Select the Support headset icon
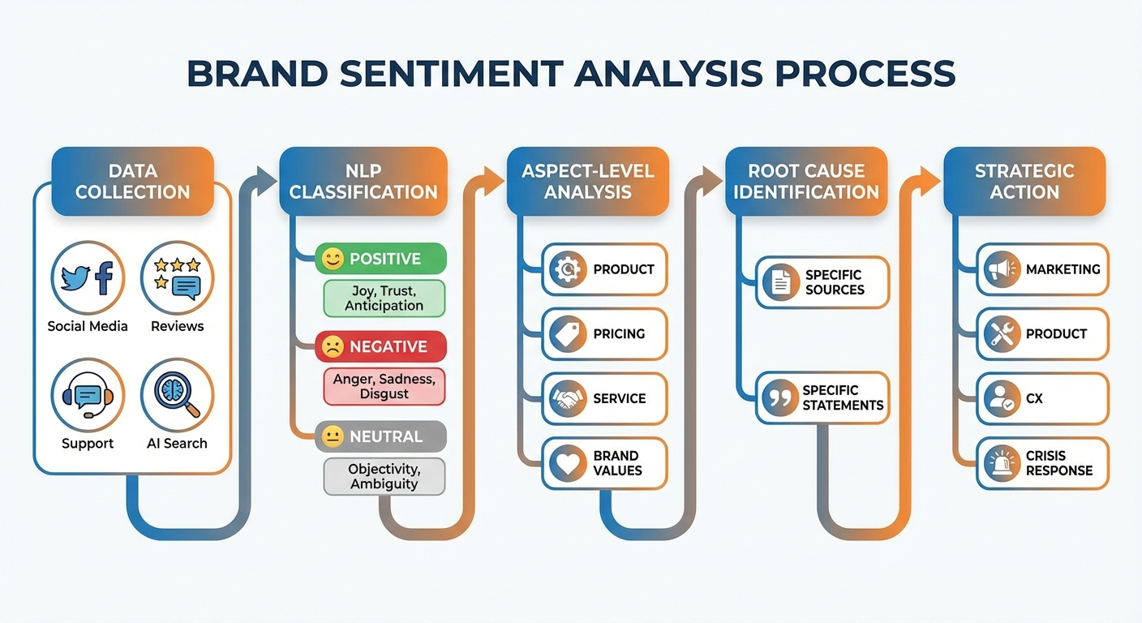pyautogui.click(x=88, y=395)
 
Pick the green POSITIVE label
pyautogui.click(x=380, y=259)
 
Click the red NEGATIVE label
pyautogui.click(x=380, y=346)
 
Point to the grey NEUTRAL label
pyautogui.click(x=380, y=436)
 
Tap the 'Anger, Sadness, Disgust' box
pyautogui.click(x=384, y=386)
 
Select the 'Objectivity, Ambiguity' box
pyautogui.click(x=384, y=475)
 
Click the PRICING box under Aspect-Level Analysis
pyautogui.click(x=604, y=333)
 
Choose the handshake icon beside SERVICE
pyautogui.click(x=567, y=398)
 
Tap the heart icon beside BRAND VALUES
pyautogui.click(x=567, y=463)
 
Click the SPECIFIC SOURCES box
pyautogui.click(x=822, y=282)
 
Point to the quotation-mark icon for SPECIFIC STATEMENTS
pyautogui.click(x=779, y=397)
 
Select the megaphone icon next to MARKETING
pyautogui.click(x=1002, y=269)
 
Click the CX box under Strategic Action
pyautogui.click(x=1042, y=398)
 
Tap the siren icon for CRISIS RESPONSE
pyautogui.click(x=1002, y=463)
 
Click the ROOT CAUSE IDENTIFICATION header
pyautogui.click(x=806, y=182)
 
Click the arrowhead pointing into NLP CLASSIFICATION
pyautogui.click(x=264, y=177)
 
